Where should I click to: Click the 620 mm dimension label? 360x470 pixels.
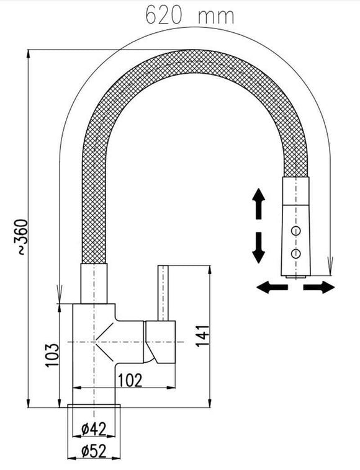181,15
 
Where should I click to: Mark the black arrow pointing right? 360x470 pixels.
321,286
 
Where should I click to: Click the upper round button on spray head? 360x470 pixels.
297,231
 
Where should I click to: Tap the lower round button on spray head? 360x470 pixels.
297,252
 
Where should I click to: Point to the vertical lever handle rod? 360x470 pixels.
164,291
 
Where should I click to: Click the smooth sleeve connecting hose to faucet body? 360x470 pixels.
95,284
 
